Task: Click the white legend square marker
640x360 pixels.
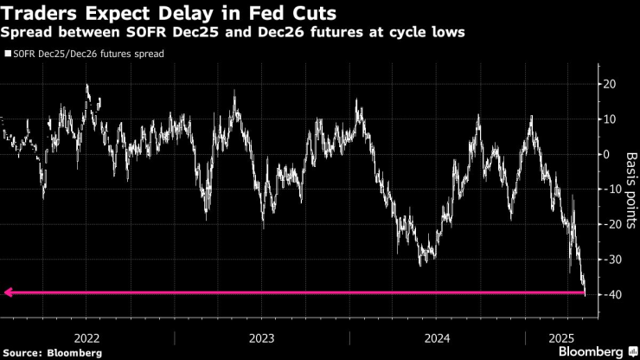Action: point(8,54)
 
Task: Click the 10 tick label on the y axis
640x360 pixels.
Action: point(610,119)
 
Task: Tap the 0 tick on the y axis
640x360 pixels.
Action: point(607,154)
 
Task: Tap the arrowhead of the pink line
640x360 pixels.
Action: point(8,292)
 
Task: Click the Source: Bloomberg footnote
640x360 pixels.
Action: point(53,352)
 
